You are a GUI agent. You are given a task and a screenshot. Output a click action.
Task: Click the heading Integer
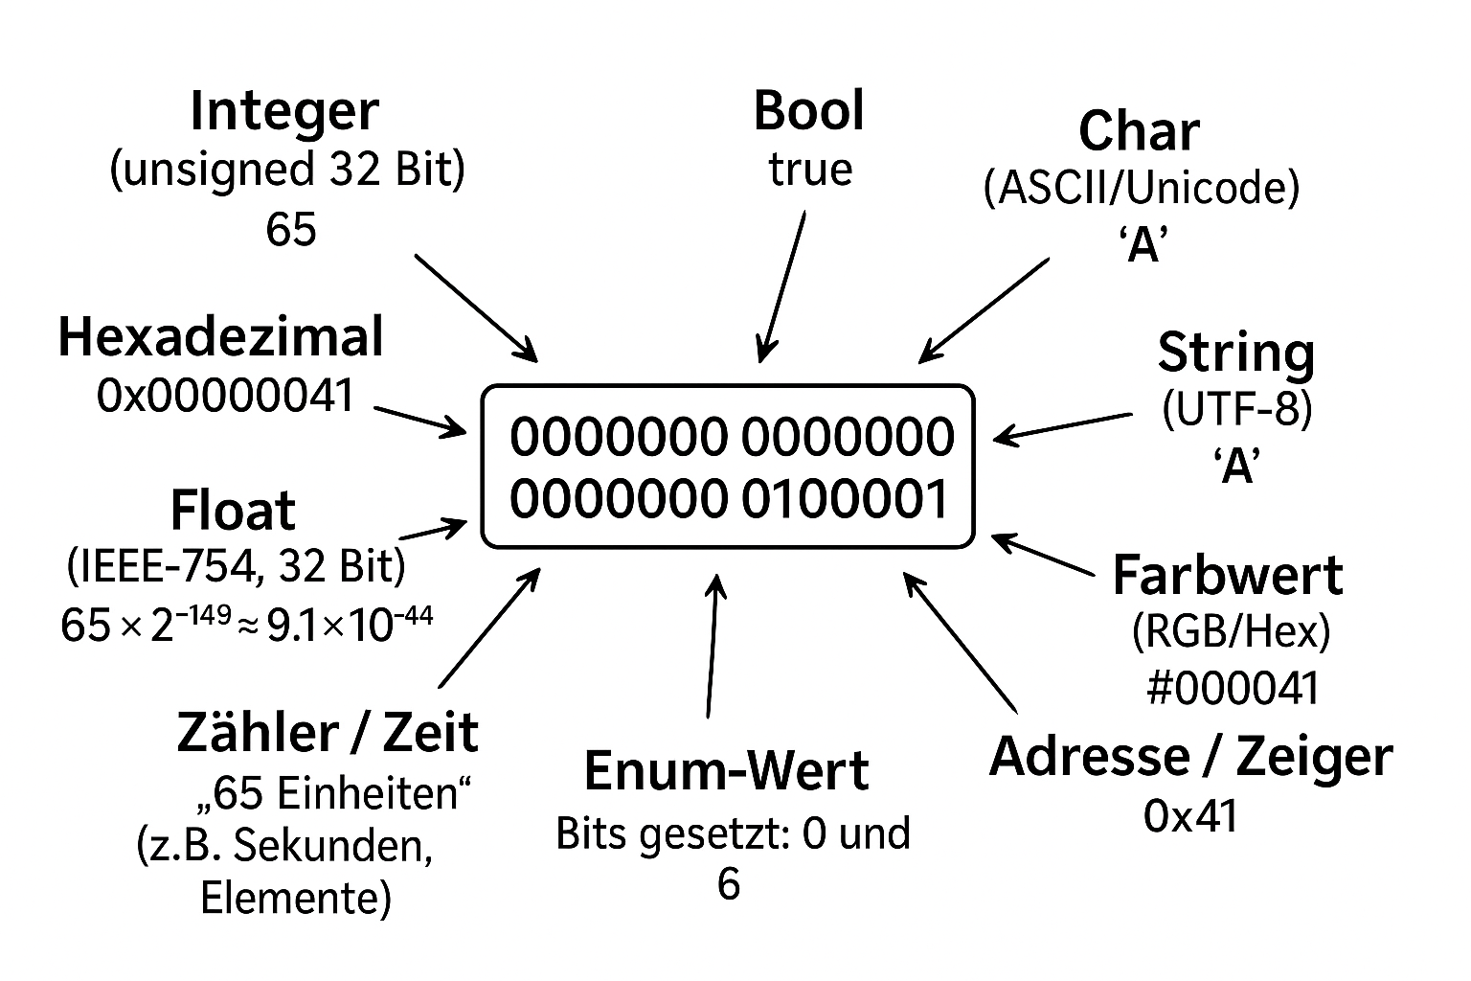pos(284,113)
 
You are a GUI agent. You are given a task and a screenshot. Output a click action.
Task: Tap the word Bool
pos(808,110)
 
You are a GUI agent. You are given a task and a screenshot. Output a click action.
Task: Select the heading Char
pos(1139,131)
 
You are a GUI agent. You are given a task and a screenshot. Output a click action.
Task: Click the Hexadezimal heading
pos(220,337)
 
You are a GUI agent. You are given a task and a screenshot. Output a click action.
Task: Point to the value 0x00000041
pos(226,396)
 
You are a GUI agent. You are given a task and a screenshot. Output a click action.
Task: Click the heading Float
pos(233,510)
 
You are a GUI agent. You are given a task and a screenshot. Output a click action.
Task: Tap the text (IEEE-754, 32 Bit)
pos(237,567)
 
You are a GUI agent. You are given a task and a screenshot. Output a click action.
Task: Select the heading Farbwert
pos(1227,576)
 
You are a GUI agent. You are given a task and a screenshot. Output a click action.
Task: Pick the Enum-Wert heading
pos(726,771)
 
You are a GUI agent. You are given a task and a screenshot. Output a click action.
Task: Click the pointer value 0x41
pos(1190,816)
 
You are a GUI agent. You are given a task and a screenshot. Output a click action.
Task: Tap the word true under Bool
pos(810,170)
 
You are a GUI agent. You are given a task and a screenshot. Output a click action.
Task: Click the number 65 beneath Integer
pos(290,230)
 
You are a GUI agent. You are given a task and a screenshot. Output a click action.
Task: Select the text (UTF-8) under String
pos(1236,410)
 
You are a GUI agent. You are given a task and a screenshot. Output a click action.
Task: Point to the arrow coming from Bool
pos(781,287)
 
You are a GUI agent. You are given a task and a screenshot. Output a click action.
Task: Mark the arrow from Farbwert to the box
pos(1044,556)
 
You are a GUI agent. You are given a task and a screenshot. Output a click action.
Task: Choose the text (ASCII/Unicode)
pos(1142,189)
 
